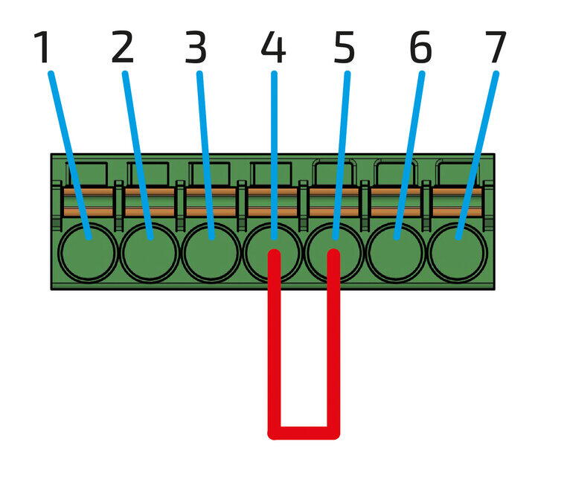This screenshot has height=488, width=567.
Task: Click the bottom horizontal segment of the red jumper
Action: pos(304,432)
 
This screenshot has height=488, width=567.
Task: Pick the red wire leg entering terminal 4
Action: pos(274,342)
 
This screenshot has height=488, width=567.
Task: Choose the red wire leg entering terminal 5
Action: pos(334,342)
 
